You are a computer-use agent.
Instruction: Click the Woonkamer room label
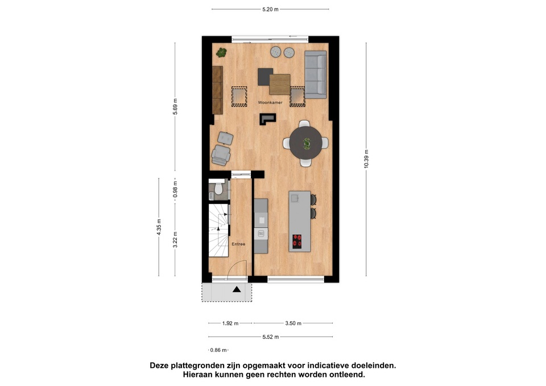point(270,103)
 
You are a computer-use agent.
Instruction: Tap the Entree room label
point(238,244)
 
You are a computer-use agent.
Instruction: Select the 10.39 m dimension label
point(366,159)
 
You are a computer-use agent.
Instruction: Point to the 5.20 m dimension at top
point(270,10)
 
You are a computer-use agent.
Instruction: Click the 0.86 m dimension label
point(218,350)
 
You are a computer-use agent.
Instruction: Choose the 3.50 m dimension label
point(293,323)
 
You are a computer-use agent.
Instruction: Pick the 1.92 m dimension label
point(230,323)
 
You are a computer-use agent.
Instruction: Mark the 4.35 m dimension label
point(159,227)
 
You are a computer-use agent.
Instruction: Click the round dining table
point(307,143)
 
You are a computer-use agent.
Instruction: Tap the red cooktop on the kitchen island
point(297,241)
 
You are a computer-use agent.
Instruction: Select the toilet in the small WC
point(218,188)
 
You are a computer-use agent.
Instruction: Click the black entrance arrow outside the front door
point(237,289)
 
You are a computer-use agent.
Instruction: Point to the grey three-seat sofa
point(316,74)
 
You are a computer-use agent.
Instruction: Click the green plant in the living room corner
point(221,52)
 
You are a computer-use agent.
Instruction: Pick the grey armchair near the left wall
point(221,155)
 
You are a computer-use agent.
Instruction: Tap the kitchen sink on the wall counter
point(261,234)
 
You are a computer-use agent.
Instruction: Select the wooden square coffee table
point(280,85)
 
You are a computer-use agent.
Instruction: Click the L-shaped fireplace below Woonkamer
point(267,119)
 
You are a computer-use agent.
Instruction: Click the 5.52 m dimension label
point(271,337)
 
